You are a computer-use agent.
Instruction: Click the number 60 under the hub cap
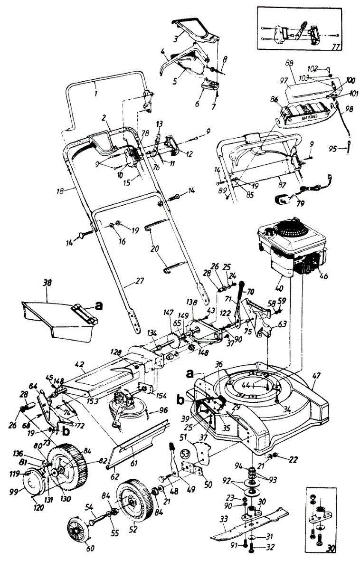pos(90,548)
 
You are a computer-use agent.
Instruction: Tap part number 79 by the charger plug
pos(287,205)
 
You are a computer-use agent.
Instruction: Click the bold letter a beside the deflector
pos(98,307)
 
